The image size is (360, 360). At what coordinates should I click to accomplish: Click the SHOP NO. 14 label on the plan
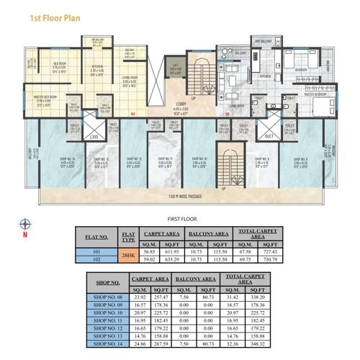[49, 159]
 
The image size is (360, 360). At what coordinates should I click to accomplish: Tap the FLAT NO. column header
[96, 235]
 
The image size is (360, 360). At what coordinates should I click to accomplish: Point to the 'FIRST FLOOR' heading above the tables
[182, 217]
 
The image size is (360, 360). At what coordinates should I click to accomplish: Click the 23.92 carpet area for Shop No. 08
[141, 297]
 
